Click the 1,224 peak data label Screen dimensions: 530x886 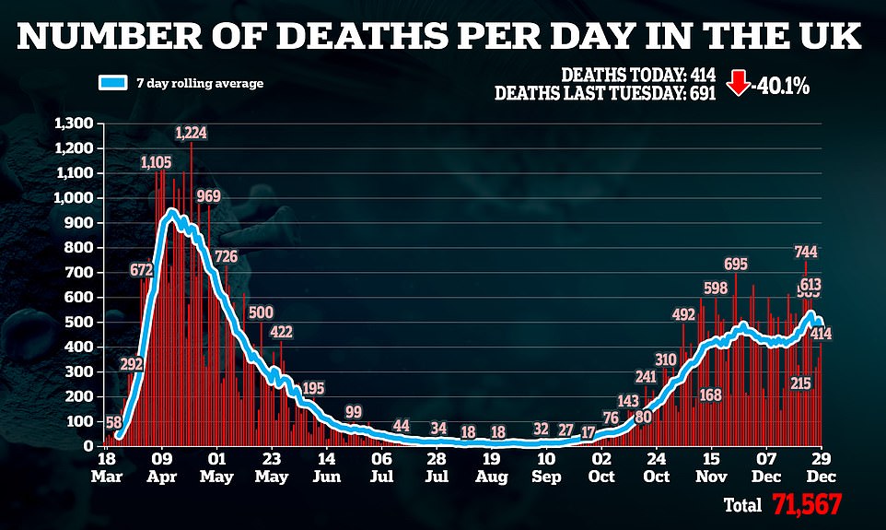tap(192, 133)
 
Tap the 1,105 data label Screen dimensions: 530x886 tap(156, 163)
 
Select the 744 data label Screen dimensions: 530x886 tap(805, 252)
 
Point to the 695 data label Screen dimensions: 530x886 tap(735, 265)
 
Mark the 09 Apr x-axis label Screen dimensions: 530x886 tap(162, 465)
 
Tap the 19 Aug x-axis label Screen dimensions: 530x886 tap(492, 465)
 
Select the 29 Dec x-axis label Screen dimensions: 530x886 tap(822, 465)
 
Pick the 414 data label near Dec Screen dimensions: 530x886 tap(822, 334)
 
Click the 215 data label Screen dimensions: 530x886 tap(799, 383)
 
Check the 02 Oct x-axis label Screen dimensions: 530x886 tap(601, 465)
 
